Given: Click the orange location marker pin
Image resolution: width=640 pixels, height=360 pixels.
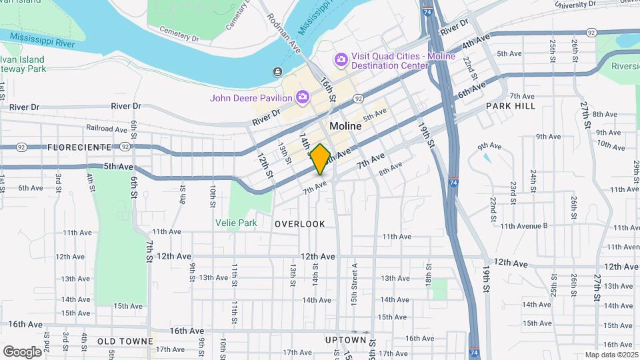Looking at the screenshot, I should coord(320,159).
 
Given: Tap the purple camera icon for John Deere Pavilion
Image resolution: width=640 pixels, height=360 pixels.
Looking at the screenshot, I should coord(302,98).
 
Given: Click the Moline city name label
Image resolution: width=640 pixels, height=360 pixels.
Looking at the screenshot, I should coord(345,126).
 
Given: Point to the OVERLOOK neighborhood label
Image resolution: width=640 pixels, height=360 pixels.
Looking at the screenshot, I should coord(300,224).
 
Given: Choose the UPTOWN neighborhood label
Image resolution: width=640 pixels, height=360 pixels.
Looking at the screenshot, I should coord(346,340).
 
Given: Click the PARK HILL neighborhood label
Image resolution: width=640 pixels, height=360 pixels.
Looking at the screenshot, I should coord(510,106).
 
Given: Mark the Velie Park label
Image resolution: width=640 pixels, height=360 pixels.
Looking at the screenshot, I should coord(236,223).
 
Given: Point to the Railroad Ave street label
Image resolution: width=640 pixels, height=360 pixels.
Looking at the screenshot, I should coord(106,128).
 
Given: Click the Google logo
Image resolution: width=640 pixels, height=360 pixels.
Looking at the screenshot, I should coord(22,351).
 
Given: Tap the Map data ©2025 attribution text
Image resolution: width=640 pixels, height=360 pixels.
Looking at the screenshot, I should coord(611,355).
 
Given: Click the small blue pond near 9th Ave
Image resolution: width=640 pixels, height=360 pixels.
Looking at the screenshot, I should coord(487,159).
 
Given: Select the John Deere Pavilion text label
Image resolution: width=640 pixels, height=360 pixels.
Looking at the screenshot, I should coord(251,98).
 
